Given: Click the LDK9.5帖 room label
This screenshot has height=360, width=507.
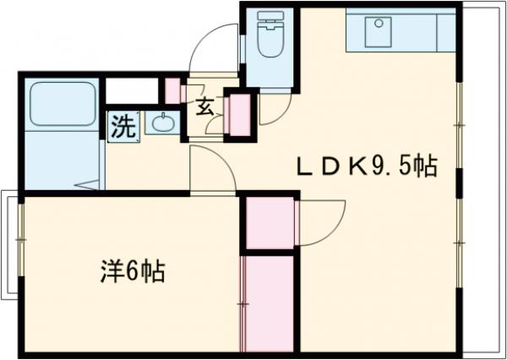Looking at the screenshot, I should [x=365, y=166].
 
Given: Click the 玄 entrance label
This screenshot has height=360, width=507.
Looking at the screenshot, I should [x=204, y=106].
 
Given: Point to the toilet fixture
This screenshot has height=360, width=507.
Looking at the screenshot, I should [x=271, y=35].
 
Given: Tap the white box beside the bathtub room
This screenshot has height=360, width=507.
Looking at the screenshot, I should [x=131, y=90].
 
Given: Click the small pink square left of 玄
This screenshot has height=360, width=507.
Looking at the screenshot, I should [x=172, y=90].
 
